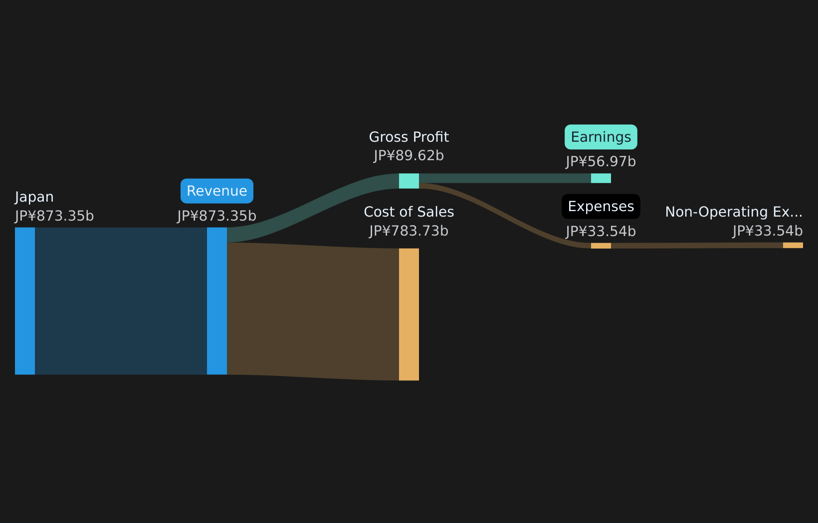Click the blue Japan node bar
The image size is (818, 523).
tap(25, 301)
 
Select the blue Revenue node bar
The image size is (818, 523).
tap(217, 301)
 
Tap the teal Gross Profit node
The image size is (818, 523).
tap(409, 181)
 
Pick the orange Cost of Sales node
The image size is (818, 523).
tap(409, 314)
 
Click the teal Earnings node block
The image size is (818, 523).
tap(601, 178)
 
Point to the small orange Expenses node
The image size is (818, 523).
tap(601, 246)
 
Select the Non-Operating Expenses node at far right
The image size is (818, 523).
tap(793, 245)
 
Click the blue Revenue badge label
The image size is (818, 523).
tap(217, 191)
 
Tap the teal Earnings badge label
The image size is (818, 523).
tap(601, 137)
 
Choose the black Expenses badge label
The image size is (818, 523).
tap(601, 207)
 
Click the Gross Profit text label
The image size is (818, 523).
tap(409, 137)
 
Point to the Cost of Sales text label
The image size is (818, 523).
tap(409, 212)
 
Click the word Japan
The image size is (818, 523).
tap(34, 197)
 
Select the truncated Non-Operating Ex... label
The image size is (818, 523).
tap(734, 212)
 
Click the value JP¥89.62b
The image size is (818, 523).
tap(409, 156)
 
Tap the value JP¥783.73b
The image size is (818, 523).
tap(409, 231)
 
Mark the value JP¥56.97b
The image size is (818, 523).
tap(601, 162)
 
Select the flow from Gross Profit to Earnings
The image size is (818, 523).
tap(505, 178)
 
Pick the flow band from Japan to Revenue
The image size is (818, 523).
tap(121, 301)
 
